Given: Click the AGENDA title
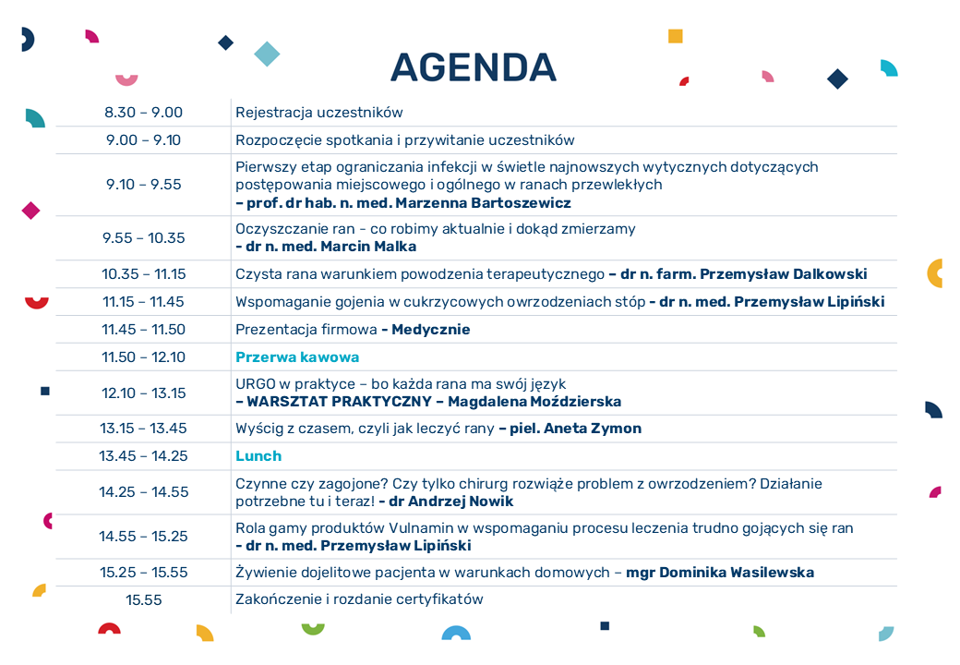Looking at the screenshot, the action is click(x=474, y=67).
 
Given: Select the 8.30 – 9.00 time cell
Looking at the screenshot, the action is click(x=143, y=113).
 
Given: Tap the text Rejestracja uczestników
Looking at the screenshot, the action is click(x=319, y=113).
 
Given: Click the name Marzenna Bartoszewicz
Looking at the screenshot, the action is click(x=483, y=202).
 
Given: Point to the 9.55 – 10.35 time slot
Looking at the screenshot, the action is click(x=143, y=238).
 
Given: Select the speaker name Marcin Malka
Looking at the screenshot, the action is click(x=368, y=247).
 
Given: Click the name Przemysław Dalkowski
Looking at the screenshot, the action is click(x=783, y=274).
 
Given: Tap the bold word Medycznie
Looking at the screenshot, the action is click(x=431, y=330).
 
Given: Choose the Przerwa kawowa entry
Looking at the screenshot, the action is click(x=297, y=357).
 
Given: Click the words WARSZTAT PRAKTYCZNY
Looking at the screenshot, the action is click(x=339, y=402).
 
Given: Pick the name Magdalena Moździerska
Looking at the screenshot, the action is click(x=534, y=402).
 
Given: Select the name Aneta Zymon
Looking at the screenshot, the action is click(x=593, y=429).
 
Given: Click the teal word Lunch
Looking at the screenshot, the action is click(x=258, y=456).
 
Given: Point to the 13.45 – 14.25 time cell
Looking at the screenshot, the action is click(x=143, y=456).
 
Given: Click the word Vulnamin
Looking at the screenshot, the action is click(x=421, y=527).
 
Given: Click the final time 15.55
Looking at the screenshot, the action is click(x=143, y=600).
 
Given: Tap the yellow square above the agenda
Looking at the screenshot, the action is click(x=676, y=36).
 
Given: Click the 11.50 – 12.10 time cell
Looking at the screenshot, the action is click(x=143, y=357).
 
